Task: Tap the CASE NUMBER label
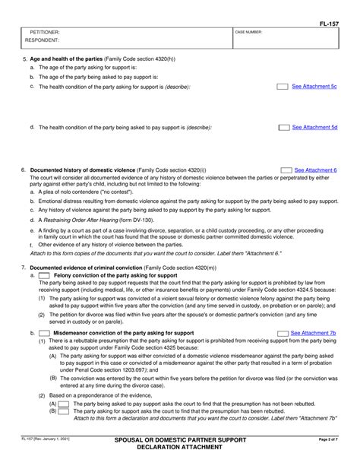[x=248, y=33]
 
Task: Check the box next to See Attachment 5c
[x=283, y=87]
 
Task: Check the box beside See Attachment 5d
[x=283, y=128]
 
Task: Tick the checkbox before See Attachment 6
[x=286, y=170]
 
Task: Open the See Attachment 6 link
[x=316, y=170]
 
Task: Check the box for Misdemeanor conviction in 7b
[x=46, y=333]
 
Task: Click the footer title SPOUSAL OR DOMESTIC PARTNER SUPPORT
[x=180, y=440]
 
